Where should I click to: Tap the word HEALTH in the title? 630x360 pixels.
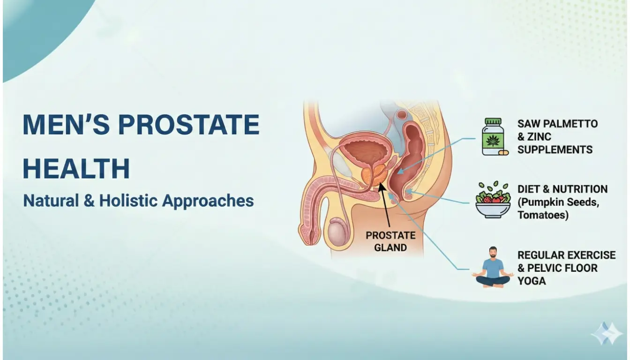tap(76, 169)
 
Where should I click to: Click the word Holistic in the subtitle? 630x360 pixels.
tap(125, 201)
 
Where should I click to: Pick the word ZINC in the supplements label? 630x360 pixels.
tap(539, 137)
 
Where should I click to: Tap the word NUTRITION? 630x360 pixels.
tap(580, 189)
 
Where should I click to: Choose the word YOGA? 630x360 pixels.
tap(532, 281)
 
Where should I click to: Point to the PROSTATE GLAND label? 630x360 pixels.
tap(390, 241)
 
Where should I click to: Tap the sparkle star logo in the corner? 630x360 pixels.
tap(607, 333)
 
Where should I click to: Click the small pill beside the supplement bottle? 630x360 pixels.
tap(503, 152)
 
